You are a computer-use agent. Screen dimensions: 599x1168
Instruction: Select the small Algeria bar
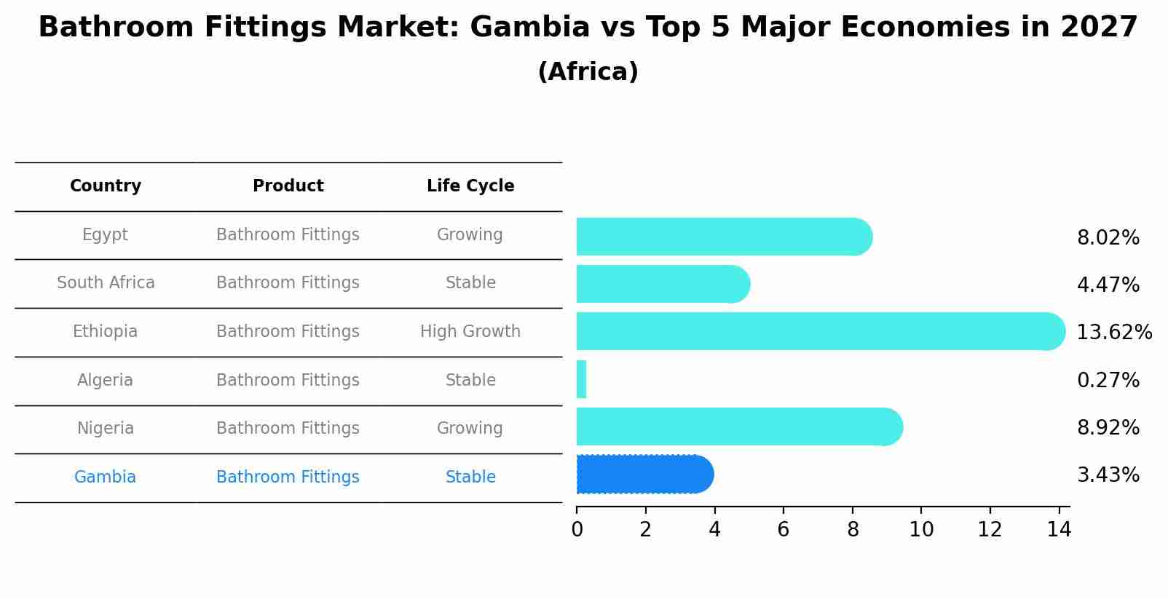(x=581, y=379)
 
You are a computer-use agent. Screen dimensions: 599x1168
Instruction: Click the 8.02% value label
(x=1108, y=238)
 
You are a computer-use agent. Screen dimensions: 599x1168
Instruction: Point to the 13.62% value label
(x=1113, y=333)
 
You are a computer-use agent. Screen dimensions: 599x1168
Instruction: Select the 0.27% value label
(x=1108, y=380)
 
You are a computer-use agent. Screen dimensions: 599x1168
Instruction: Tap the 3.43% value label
(x=1108, y=475)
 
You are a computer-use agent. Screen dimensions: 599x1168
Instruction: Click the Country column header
(x=106, y=186)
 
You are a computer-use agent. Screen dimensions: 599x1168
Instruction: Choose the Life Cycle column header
(x=470, y=186)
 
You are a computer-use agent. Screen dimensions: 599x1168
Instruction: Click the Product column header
(x=288, y=186)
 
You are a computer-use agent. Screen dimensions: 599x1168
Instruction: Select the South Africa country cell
(x=106, y=282)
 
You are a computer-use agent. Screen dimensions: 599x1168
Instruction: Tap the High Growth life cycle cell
(x=470, y=332)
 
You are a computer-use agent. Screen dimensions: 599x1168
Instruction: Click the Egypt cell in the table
(x=105, y=235)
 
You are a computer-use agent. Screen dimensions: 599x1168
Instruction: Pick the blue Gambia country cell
(x=105, y=477)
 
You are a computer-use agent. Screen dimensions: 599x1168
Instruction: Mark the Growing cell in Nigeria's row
(x=470, y=429)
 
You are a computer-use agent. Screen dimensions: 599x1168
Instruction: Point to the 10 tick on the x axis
(x=921, y=530)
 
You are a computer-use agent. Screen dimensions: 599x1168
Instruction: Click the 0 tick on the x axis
(x=577, y=530)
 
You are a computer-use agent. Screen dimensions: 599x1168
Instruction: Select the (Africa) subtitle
(x=588, y=72)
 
